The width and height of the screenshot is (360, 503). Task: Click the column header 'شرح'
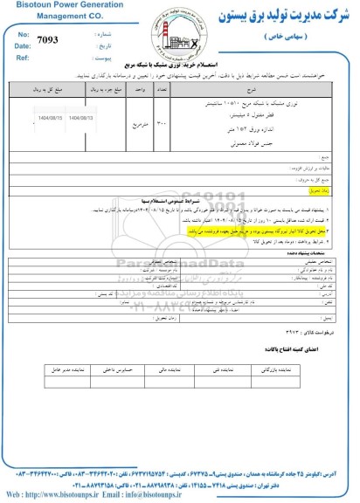(253, 88)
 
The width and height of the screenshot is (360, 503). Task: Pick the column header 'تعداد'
(161, 88)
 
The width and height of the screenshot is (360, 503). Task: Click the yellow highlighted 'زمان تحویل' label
(320, 188)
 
